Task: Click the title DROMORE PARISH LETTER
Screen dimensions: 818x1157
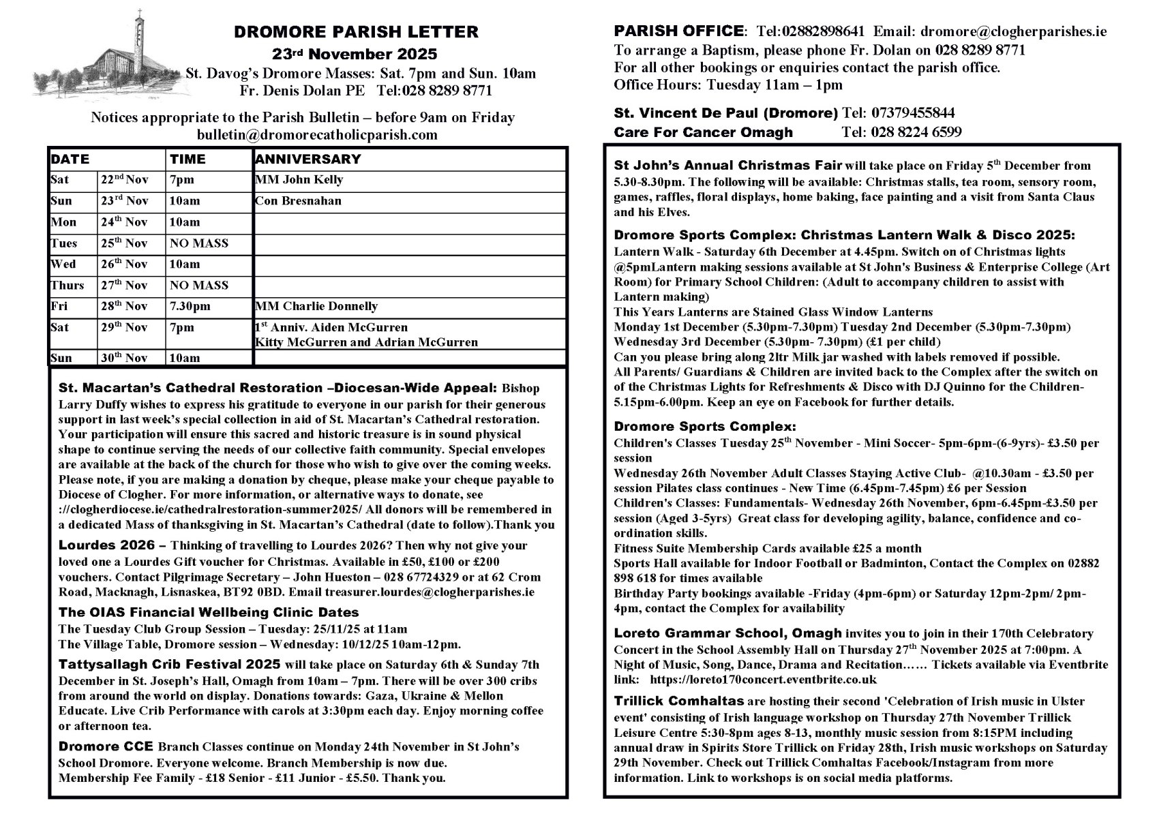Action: pos(356,32)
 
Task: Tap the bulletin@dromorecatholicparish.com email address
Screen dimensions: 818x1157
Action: pos(317,134)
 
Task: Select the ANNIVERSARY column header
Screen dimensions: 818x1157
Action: pos(307,160)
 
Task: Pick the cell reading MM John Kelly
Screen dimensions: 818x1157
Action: pos(299,180)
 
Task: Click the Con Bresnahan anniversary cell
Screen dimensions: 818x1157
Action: pos(298,201)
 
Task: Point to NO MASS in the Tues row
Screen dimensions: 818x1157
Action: pos(199,243)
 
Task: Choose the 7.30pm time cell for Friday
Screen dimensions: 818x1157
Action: pos(190,307)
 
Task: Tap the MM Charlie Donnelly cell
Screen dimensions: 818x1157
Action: pos(316,307)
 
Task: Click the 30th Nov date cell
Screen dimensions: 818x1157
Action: pos(124,358)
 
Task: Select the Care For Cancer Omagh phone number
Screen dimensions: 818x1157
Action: pos(901,132)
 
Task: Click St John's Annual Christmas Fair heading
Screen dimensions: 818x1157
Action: pos(728,166)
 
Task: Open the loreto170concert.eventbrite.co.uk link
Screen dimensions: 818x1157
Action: pos(764,680)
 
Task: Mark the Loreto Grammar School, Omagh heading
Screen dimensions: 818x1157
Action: pos(727,633)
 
